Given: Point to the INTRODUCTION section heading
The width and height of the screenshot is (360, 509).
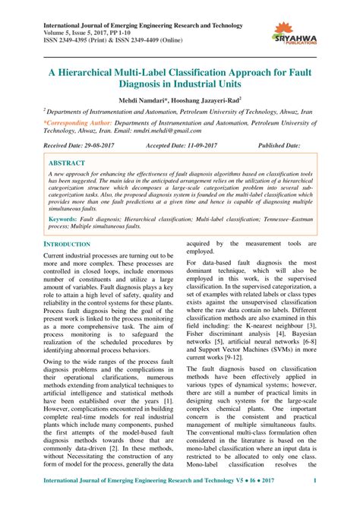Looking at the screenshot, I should pos(67,244).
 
